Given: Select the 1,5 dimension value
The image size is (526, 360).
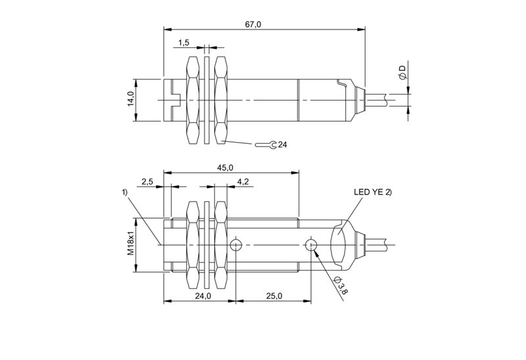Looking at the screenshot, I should pos(183,43).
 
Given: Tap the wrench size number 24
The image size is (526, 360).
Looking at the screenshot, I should pos(283,145).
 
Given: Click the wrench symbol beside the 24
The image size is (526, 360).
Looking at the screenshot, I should pos(266,145).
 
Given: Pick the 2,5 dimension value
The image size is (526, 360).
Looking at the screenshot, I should pos(147,181).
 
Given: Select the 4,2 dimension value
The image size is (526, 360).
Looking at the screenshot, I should pos(243,181).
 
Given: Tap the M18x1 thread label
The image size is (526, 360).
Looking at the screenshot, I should pos(130,244).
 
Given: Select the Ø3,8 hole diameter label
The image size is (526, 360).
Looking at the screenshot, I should pos(336,286).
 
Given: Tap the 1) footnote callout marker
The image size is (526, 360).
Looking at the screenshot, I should pos(124,192).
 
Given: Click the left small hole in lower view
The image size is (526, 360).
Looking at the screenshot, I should pos(235,246).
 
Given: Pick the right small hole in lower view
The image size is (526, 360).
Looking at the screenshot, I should pos(312,246).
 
